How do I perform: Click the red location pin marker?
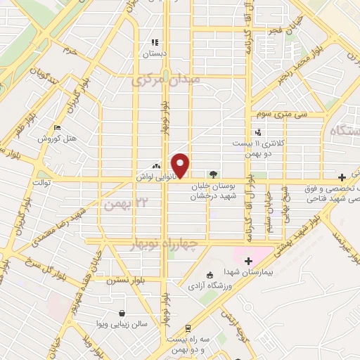pyautogui.click(x=181, y=166)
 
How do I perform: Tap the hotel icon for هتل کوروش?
pyautogui.click(x=58, y=127)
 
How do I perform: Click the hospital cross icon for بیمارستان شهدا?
pyautogui.click(x=247, y=261)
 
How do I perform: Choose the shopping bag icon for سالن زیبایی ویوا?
pyautogui.click(x=123, y=313)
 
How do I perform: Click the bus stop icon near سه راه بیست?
pyautogui.click(x=188, y=328)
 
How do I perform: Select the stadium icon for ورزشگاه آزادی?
pyautogui.click(x=209, y=275)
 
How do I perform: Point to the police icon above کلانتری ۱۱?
pyautogui.click(x=258, y=131)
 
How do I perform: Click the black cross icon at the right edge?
pyautogui.click(x=342, y=176)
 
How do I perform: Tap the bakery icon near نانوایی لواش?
pyautogui.click(x=155, y=166)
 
